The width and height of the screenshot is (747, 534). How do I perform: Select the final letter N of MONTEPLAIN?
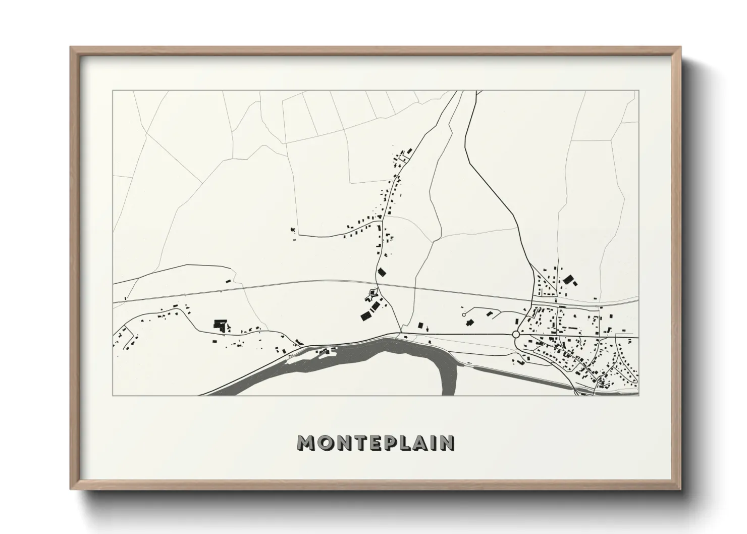(447, 443)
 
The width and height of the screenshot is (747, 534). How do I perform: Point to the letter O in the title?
(325, 443)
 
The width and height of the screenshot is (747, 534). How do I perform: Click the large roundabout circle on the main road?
(515, 335)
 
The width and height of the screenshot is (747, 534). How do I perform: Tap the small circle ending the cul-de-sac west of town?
(463, 314)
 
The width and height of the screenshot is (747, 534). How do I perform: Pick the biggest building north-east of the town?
(569, 279)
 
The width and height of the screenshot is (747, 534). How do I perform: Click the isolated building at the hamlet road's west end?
(292, 230)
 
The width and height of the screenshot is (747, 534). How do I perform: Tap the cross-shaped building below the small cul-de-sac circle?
(469, 322)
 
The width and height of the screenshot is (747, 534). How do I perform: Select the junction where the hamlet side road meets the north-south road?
(383, 220)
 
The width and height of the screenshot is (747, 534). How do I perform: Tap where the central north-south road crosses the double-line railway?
(380, 284)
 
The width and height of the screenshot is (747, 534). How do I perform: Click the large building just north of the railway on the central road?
(382, 273)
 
